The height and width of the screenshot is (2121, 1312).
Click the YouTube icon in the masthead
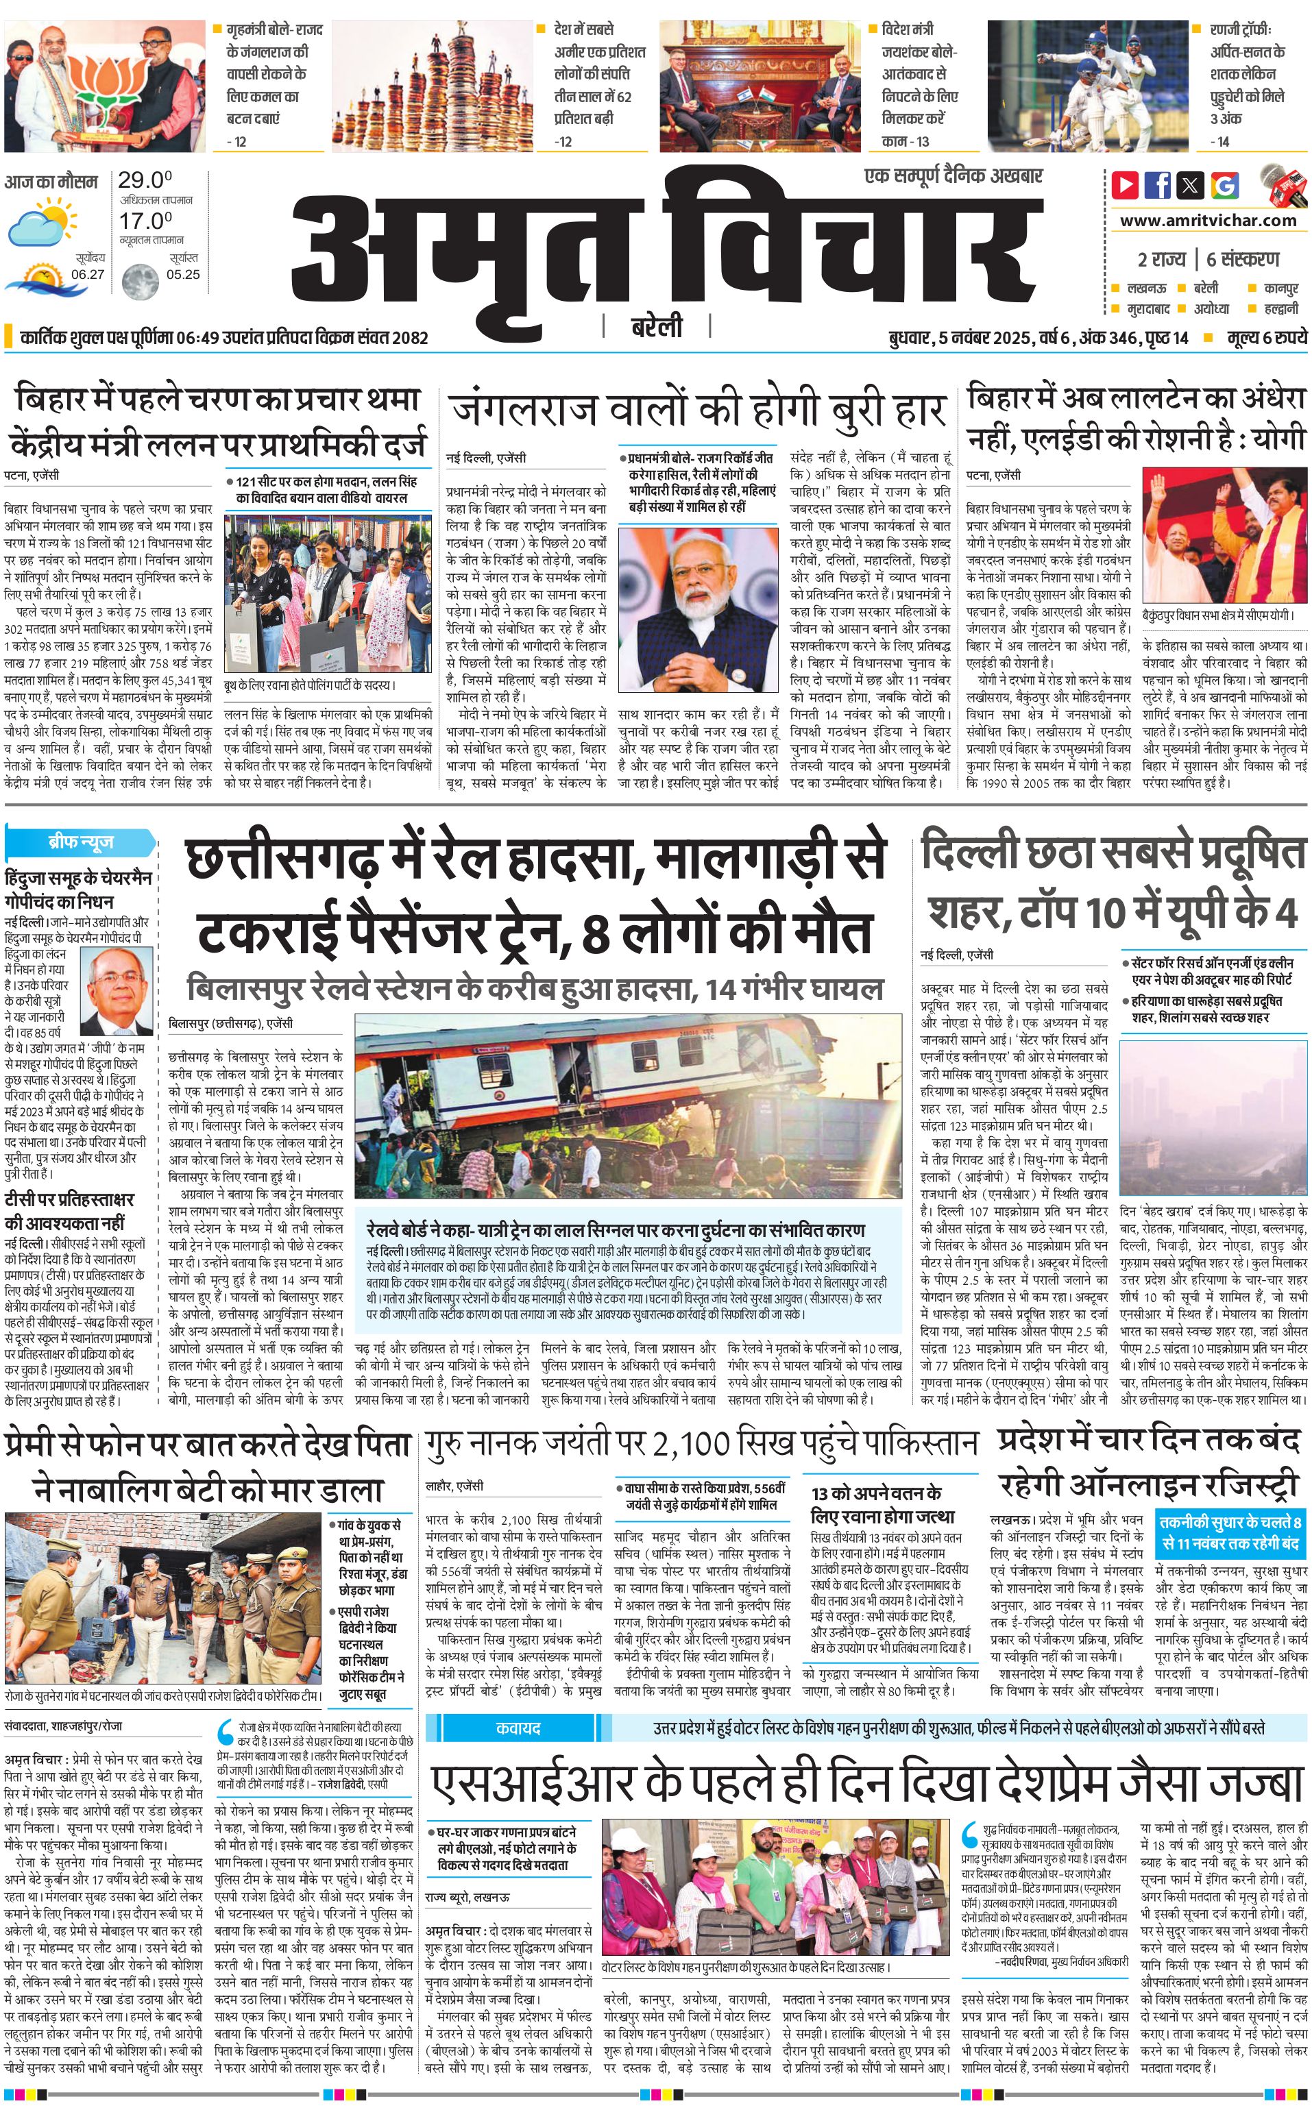tap(1126, 185)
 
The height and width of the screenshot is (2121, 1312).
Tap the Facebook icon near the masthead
tap(1158, 185)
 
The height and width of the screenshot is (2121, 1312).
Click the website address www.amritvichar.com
tap(1207, 221)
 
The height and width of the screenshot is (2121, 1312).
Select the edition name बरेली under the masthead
tap(657, 326)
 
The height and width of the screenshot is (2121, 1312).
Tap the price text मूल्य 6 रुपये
tap(1266, 337)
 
